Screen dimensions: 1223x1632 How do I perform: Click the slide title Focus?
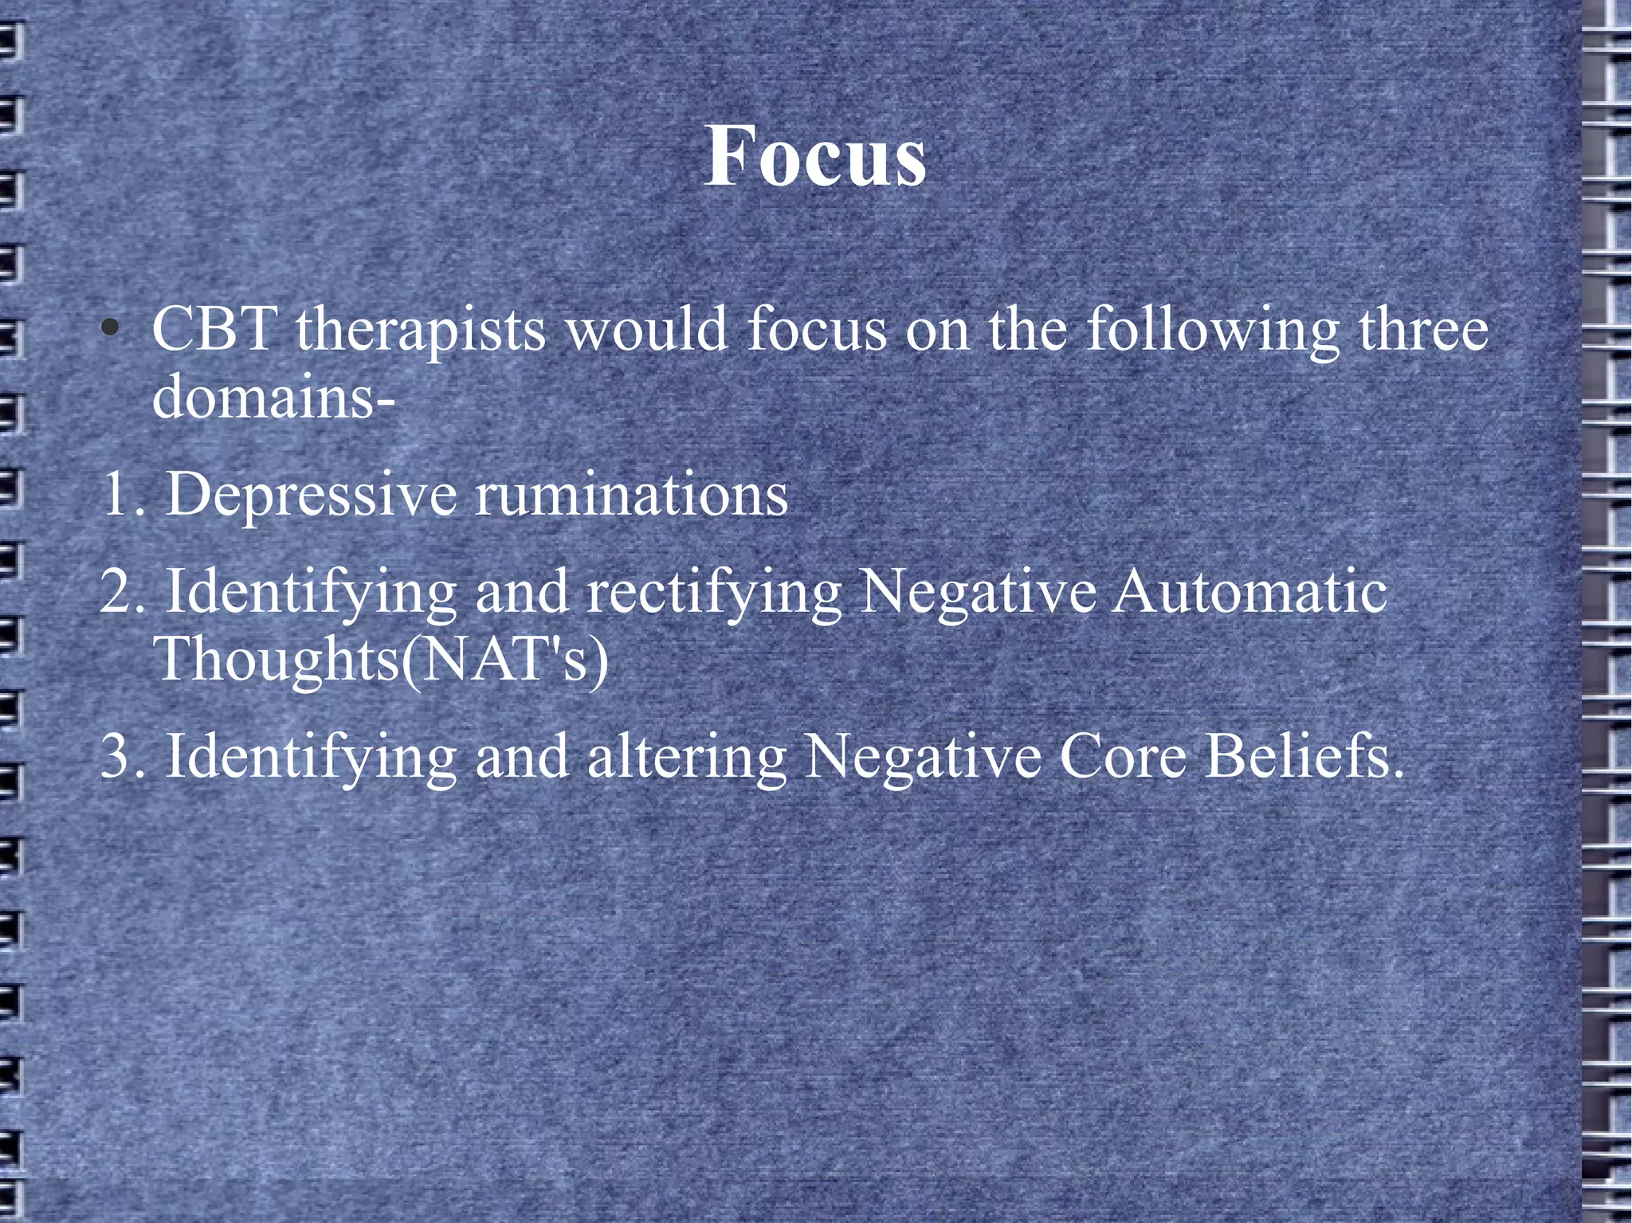pyautogui.click(x=815, y=156)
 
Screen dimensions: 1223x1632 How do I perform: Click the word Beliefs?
pyautogui.click(x=1304, y=757)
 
